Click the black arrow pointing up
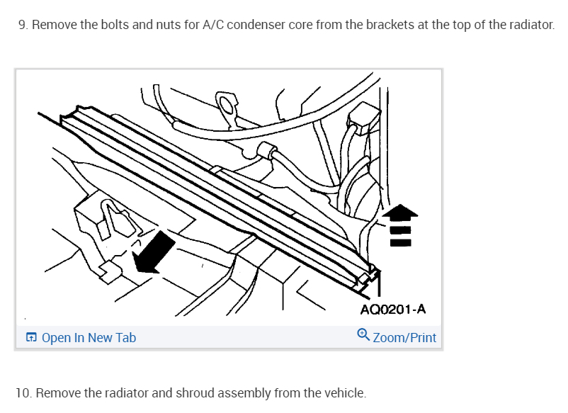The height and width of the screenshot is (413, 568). tap(400, 223)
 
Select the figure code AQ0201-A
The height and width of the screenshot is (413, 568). tap(392, 310)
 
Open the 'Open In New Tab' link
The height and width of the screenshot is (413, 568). tap(89, 338)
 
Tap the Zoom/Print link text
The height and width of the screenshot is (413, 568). tap(404, 338)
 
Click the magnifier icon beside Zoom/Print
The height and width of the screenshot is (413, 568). tap(363, 334)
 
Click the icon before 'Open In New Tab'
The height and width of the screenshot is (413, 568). tap(31, 338)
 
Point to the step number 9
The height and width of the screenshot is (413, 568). tap(22, 25)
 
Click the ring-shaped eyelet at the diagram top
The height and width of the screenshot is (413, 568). tap(229, 105)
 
